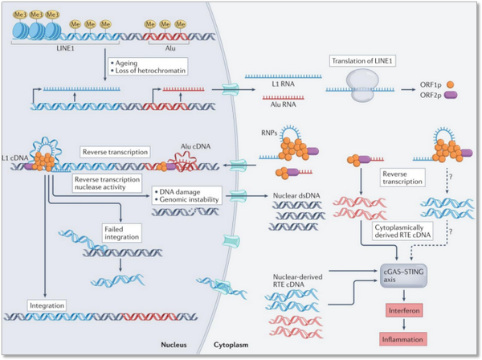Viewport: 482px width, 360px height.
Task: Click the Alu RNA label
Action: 276,102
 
